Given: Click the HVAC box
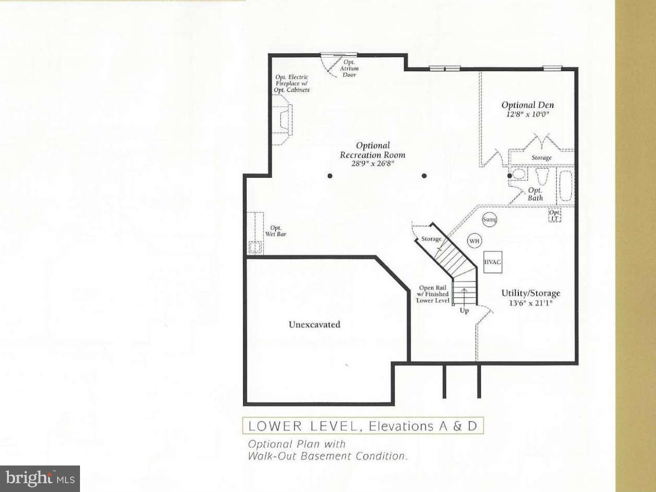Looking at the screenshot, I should (x=492, y=262).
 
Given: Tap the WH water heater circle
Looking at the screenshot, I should (x=474, y=241).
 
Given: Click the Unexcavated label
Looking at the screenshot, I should (x=314, y=325).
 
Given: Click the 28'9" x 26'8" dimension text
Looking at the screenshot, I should (x=372, y=163).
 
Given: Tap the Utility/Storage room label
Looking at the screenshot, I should (x=530, y=293).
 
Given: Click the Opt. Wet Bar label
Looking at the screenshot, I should (x=276, y=231).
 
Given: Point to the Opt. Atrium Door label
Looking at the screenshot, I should (x=349, y=68).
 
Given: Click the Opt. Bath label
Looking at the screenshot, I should (x=535, y=194).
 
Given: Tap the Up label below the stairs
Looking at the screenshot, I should (x=464, y=311).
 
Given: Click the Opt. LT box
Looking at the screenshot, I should (x=555, y=215).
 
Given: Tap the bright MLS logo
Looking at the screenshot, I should (x=40, y=478).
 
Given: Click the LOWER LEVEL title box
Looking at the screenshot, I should (x=363, y=427).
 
